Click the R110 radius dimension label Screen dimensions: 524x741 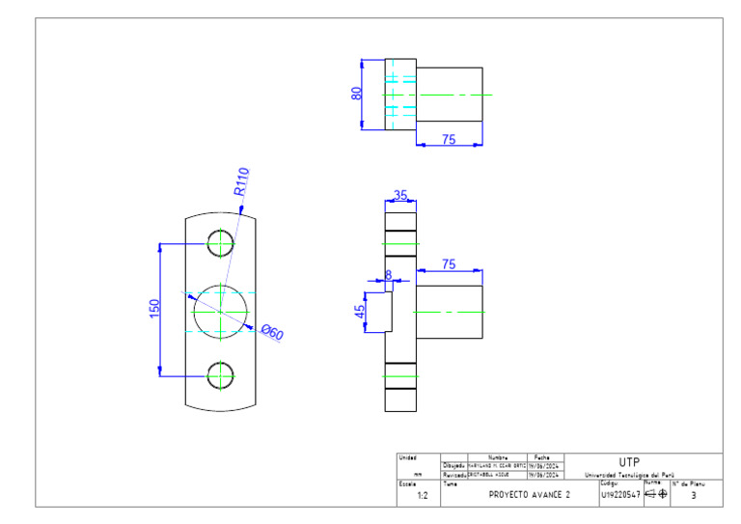click(x=241, y=181)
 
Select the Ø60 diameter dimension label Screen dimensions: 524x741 click(x=273, y=333)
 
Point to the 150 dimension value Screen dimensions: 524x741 click(x=154, y=309)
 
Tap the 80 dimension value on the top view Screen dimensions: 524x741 click(x=356, y=95)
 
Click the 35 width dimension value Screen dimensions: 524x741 click(x=400, y=196)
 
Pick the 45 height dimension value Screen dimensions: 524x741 click(x=359, y=312)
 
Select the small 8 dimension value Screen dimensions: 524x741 click(x=389, y=275)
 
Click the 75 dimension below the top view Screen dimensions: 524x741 click(x=449, y=140)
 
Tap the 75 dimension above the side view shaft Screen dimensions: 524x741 click(x=449, y=263)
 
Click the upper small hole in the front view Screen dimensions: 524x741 click(x=221, y=242)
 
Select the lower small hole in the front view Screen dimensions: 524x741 click(x=221, y=374)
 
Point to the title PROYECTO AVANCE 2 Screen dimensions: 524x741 click(x=530, y=494)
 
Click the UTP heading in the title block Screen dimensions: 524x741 click(x=627, y=462)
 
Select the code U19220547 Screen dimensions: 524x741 click(x=619, y=495)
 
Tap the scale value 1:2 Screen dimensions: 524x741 click(x=422, y=495)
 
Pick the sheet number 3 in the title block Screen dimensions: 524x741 click(x=694, y=495)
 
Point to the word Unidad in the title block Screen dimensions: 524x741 click(x=408, y=457)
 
